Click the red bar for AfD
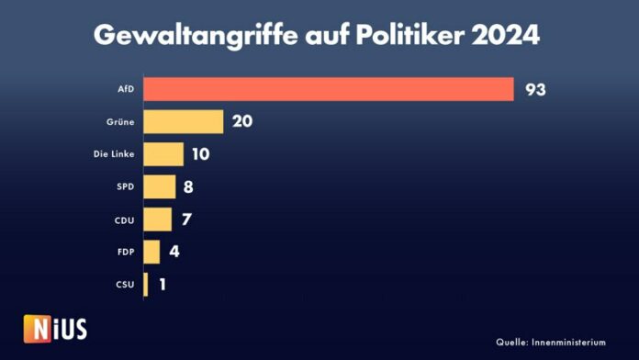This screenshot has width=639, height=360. coord(328,89)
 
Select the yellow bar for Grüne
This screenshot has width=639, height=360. coord(183,122)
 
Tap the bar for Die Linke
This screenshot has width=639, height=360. coord(163,154)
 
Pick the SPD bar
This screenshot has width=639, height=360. coord(159,187)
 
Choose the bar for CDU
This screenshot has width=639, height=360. coord(157,219)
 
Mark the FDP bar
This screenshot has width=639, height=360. coord(151,252)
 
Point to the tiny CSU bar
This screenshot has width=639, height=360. coord(145,285)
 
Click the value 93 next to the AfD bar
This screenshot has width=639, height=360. coord(537,89)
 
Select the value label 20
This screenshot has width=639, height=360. coord(242,122)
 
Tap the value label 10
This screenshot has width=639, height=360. coord(201,154)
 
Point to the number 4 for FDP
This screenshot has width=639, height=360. coord(174,252)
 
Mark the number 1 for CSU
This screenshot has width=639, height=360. coord(163,285)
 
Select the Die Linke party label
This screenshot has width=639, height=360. coord(116,155)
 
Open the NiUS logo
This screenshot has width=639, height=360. coord(55,328)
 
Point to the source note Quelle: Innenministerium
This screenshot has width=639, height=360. coord(551,342)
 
